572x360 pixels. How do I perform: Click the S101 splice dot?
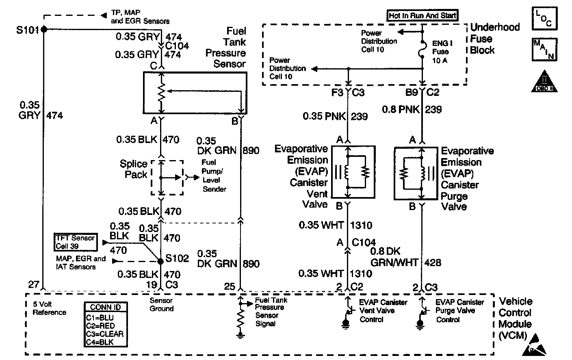[43, 29]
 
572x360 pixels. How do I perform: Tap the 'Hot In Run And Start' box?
[423, 16]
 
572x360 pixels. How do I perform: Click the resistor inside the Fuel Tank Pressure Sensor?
[162, 94]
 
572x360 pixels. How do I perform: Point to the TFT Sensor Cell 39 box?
[76, 242]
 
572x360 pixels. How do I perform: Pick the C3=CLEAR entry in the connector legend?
[104, 334]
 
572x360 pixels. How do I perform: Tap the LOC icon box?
[544, 18]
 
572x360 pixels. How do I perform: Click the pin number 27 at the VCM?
[34, 284]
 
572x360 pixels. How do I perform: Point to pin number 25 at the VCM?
[230, 286]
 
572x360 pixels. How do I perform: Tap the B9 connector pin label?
[412, 93]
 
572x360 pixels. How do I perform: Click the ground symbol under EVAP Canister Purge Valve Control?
[420, 324]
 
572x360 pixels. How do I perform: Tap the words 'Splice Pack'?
[134, 169]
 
